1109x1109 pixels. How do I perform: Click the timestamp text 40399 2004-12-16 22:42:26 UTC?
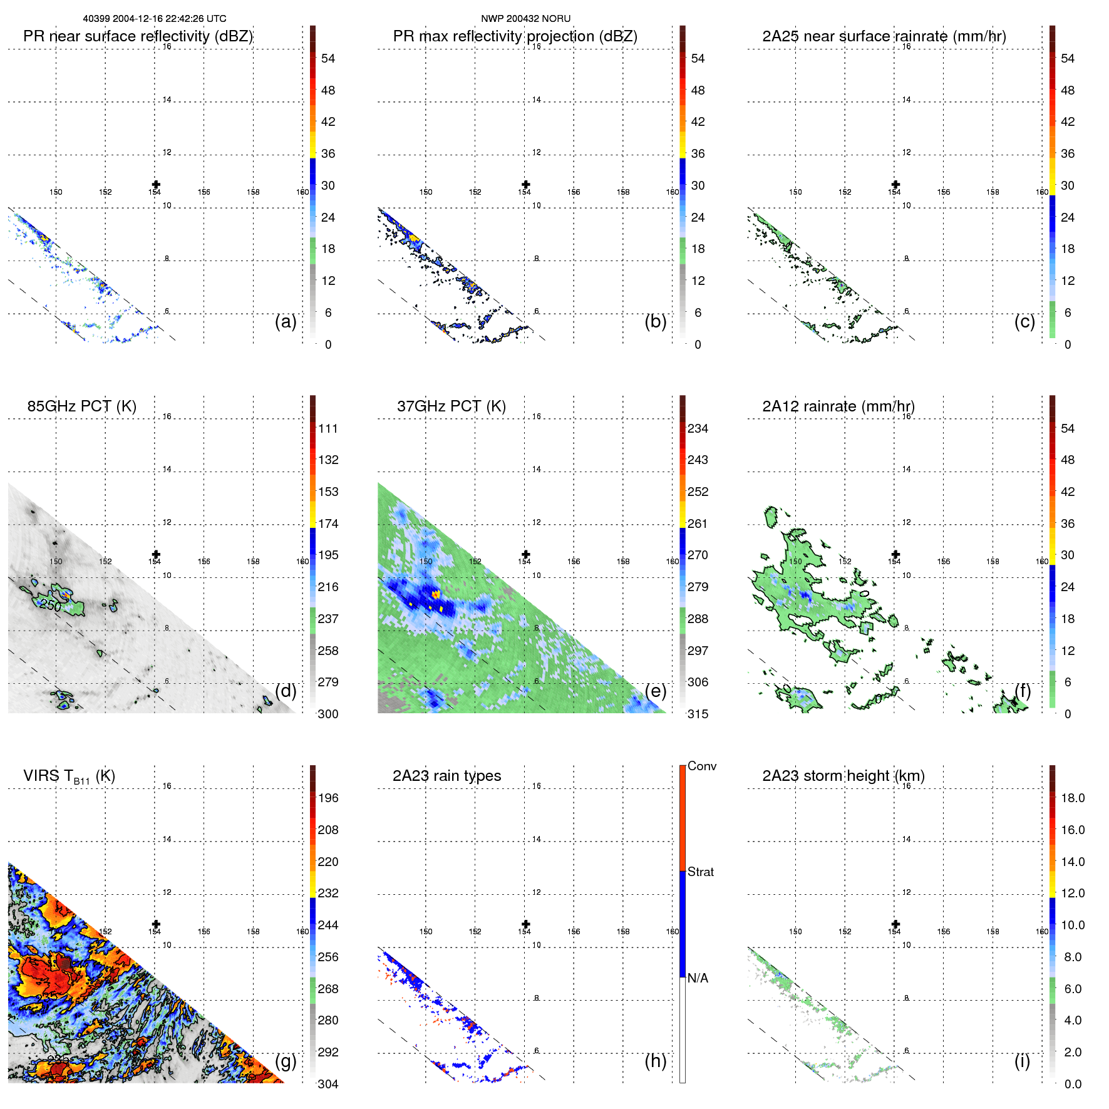[x=155, y=19]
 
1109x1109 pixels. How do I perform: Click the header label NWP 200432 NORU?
[x=525, y=19]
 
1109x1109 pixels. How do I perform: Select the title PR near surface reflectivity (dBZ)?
[x=138, y=36]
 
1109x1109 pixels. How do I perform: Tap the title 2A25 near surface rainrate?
[x=884, y=36]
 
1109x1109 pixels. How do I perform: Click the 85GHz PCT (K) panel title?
[x=81, y=406]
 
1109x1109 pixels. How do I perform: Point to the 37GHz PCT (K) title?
[x=451, y=406]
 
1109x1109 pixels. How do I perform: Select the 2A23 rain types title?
[x=446, y=776]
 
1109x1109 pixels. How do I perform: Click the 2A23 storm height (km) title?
[x=843, y=776]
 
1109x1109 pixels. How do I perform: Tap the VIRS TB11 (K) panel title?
[x=69, y=776]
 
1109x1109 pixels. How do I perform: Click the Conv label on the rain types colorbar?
[x=701, y=766]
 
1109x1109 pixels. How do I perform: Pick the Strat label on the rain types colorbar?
[x=700, y=872]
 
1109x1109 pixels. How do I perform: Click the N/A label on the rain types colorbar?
[x=698, y=978]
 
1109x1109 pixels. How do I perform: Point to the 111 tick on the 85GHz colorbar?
[x=328, y=428]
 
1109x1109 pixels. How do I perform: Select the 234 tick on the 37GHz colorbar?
[x=698, y=428]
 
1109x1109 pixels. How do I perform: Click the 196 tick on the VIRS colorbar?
[x=328, y=798]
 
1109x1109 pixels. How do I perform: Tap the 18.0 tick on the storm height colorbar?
[x=1072, y=798]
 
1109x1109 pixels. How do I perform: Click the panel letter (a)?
[x=286, y=321]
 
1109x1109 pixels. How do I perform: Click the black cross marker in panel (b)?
[x=526, y=184]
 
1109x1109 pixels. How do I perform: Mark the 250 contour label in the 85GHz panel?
[x=50, y=605]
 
